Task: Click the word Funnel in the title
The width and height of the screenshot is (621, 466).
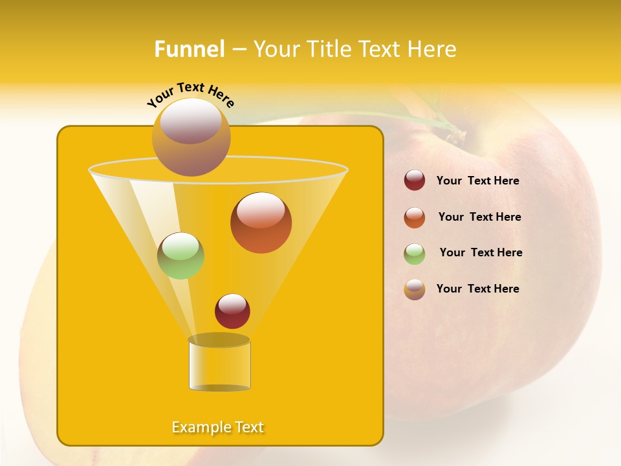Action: coord(190,49)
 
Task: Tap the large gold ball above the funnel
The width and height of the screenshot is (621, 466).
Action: coord(191,137)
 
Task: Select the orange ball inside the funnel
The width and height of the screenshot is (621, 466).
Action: coord(261,223)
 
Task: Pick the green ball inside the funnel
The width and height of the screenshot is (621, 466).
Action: coord(180,256)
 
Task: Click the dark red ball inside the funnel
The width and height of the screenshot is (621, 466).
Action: coord(232,311)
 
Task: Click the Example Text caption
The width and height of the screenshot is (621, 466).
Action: coord(218,427)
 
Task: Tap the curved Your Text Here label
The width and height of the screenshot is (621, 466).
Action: coord(191,94)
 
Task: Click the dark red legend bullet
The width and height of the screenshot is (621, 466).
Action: coord(415,181)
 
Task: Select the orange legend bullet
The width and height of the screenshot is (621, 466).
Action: coord(415,217)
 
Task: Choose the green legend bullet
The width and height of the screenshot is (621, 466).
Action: coord(415,254)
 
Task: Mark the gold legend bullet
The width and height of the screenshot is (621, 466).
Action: coord(415,289)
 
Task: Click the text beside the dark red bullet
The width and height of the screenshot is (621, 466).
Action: coord(477,181)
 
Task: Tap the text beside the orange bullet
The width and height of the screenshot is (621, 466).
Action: coord(479,217)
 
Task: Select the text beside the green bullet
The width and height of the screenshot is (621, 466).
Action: coord(481,253)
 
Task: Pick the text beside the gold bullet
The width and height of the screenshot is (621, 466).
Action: coord(477,289)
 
